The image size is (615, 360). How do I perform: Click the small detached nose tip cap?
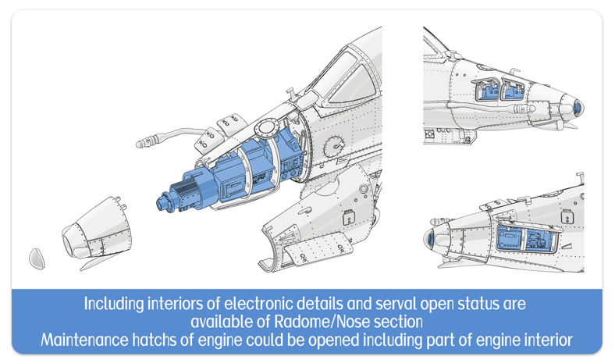[36, 258]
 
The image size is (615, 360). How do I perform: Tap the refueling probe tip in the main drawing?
[141, 144]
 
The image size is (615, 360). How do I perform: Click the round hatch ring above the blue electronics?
[266, 127]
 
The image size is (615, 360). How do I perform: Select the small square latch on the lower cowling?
[349, 218]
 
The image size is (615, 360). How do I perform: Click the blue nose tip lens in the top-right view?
[577, 107]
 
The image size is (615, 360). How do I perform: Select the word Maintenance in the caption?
[85, 340]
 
